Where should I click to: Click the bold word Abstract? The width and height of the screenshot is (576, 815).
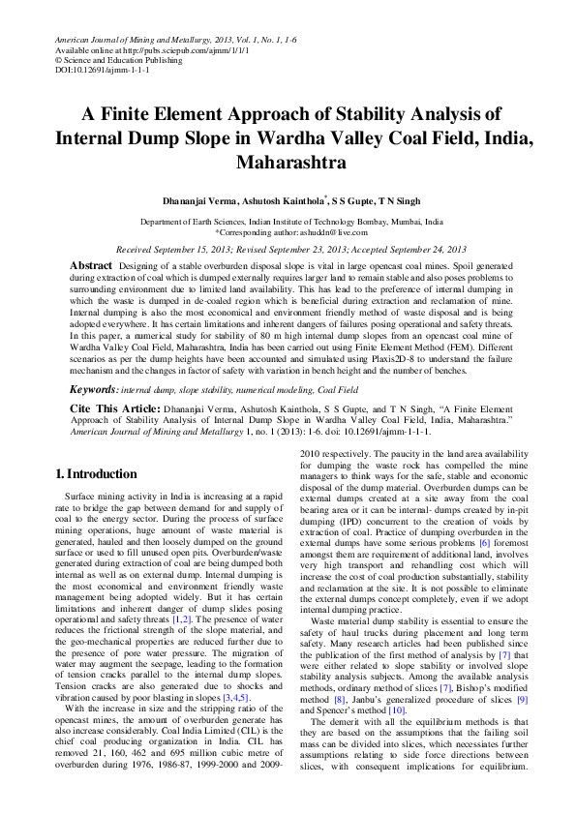click(x=94, y=264)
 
